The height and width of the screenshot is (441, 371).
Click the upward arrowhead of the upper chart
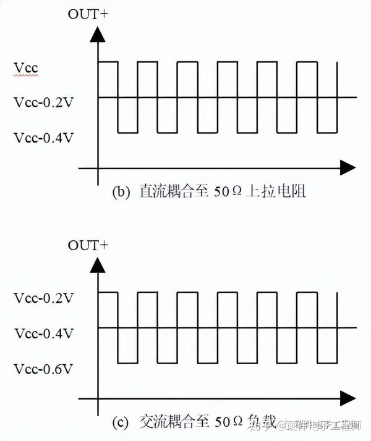(97, 34)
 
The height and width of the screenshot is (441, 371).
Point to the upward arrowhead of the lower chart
(97, 265)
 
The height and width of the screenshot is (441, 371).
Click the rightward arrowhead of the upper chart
(348, 167)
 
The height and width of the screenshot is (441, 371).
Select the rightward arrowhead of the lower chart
(348, 398)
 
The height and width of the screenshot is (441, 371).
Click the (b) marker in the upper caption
(120, 192)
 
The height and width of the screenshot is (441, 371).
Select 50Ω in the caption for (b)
(229, 192)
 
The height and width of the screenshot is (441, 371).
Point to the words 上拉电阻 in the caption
(278, 192)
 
